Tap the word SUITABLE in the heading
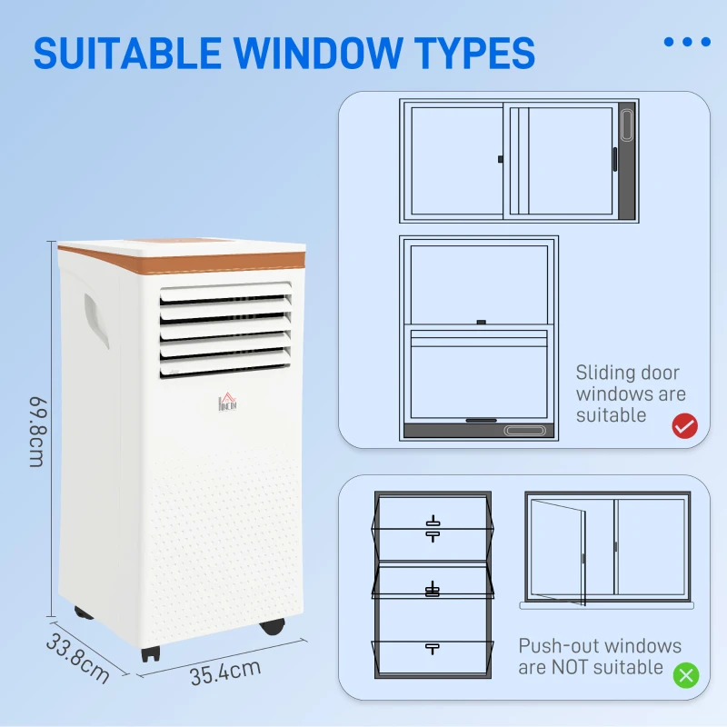pos(118,53)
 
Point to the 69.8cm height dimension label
pos(37,432)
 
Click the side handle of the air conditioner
pos(96,319)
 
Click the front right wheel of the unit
pos(272,626)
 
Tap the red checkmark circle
pos(684,425)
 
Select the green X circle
pos(685,675)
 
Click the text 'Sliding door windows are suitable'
pos(630,393)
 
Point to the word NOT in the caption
pos(574,667)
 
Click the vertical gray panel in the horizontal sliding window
pos(626,162)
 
